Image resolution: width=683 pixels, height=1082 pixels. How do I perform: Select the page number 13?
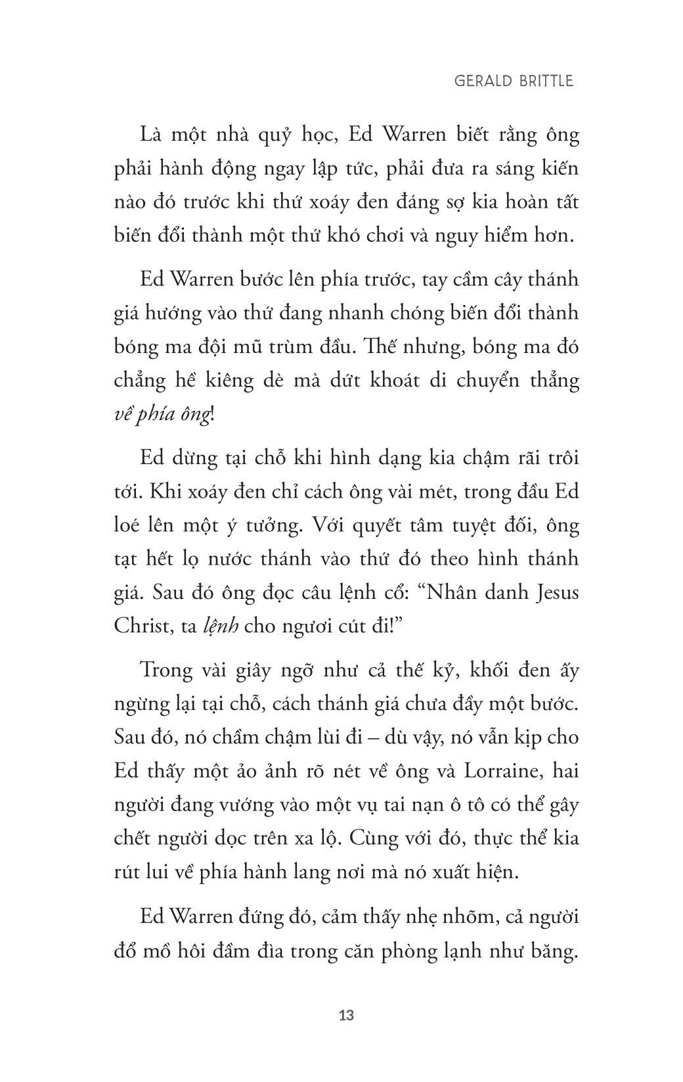pyautogui.click(x=347, y=1015)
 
